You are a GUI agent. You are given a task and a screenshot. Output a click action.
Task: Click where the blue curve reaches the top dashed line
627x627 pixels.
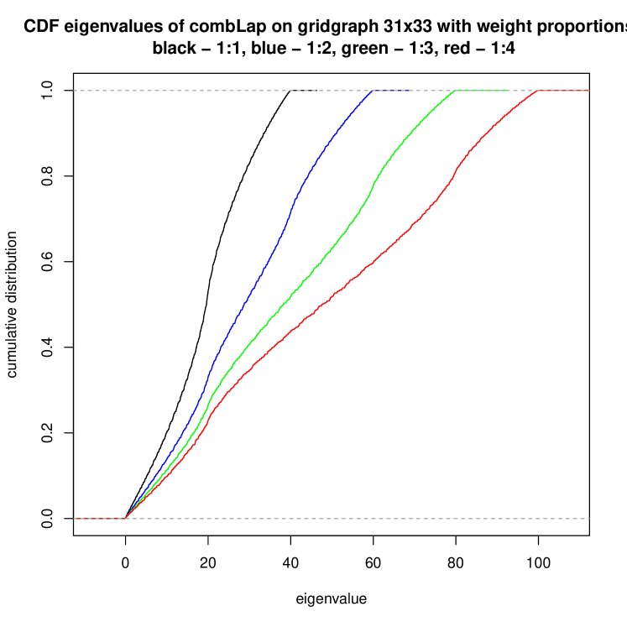372,91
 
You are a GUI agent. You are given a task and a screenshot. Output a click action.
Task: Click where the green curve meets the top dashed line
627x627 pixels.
455,91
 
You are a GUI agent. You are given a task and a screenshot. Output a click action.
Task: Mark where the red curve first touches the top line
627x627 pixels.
538,91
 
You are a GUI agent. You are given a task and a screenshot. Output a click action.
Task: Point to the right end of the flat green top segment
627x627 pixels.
509,91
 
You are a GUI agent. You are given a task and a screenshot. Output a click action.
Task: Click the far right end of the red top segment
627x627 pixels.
589,91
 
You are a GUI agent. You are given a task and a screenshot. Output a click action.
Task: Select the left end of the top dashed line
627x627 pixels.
75,91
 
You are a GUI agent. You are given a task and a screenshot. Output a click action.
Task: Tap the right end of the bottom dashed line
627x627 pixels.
589,519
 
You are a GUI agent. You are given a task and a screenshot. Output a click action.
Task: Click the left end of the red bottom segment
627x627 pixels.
75,519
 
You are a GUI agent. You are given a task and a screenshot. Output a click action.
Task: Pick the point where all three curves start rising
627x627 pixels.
126,519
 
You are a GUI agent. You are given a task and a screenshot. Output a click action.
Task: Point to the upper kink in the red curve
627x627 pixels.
454,172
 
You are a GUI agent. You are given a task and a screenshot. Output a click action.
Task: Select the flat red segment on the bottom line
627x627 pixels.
100,519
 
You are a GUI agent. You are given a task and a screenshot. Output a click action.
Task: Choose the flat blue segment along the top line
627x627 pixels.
392,91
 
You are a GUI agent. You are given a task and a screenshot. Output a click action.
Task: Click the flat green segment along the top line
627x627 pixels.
482,91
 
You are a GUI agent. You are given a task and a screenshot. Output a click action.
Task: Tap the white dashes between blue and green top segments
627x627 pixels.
434,91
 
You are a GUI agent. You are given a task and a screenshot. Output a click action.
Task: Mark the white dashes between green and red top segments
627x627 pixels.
523,91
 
